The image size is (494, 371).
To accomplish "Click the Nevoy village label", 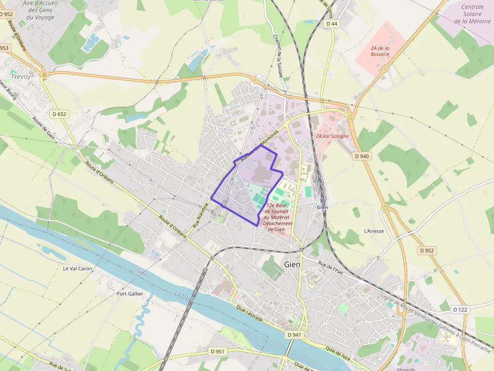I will click(21, 77).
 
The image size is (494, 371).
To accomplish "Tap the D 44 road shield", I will click(331, 24).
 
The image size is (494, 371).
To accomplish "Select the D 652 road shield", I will click(59, 114).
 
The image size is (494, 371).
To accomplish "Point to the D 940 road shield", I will click(362, 156).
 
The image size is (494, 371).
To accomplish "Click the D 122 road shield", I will click(460, 310).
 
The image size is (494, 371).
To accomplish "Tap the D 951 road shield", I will click(218, 351).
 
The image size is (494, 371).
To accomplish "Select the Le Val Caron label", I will click(78, 268).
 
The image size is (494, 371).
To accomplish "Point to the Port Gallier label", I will click(130, 293).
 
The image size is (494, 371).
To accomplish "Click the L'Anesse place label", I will click(374, 231).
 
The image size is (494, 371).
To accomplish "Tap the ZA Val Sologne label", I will click(332, 136).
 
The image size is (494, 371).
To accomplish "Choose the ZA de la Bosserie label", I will click(380, 51).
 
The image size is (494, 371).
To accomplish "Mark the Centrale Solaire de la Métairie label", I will click(472, 14).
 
